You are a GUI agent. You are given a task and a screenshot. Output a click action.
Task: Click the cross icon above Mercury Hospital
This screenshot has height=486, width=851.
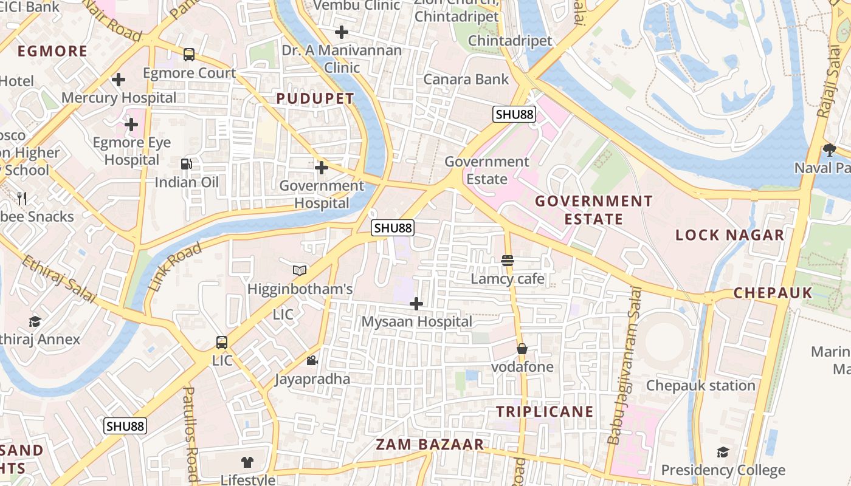(119, 80)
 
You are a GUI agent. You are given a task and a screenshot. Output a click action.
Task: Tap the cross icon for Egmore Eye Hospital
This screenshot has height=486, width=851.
(131, 125)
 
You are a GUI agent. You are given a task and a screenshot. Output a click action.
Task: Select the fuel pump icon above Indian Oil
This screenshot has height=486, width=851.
(187, 164)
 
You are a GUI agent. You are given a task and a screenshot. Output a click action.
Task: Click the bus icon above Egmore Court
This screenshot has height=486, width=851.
(189, 55)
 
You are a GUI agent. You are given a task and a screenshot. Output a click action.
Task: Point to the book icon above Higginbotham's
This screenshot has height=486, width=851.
(300, 270)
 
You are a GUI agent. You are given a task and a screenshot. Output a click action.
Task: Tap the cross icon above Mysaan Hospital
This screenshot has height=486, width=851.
(416, 303)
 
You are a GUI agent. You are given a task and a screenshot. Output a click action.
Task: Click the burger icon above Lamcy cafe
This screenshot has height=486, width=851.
(508, 261)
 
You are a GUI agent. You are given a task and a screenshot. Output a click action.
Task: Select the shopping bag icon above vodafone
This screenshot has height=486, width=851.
(522, 349)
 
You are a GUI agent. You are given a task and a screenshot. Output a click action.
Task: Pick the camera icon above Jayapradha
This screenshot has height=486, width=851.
(312, 361)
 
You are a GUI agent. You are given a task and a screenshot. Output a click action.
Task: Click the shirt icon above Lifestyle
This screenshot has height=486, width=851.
(247, 462)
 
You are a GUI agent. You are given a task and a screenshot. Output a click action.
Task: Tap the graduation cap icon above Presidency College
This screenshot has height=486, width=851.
(723, 452)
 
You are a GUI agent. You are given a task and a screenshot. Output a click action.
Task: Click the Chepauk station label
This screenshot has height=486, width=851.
(700, 386)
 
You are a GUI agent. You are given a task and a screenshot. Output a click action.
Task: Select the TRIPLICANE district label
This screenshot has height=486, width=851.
(545, 411)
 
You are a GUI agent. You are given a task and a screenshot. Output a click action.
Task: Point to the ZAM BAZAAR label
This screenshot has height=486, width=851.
(430, 444)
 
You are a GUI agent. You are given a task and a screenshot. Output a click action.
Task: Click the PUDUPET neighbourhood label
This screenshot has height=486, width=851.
(315, 98)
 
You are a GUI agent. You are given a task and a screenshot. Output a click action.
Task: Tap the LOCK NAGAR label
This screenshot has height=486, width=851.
(730, 235)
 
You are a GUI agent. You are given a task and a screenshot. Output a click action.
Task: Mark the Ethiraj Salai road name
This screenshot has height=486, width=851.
(60, 279)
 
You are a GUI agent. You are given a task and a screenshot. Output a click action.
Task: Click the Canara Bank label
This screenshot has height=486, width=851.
(466, 79)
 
